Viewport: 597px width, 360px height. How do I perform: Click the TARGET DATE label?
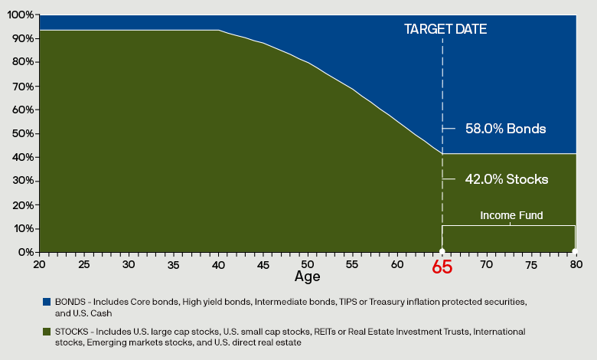click(445, 29)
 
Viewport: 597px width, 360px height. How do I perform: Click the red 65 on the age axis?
click(442, 267)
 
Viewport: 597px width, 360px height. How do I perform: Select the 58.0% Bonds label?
click(505, 129)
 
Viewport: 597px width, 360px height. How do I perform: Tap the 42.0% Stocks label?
click(506, 179)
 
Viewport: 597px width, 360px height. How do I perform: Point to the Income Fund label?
click(511, 215)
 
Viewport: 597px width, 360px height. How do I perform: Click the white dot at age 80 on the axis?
click(575, 252)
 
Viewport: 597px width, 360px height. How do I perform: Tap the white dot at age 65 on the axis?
click(442, 252)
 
